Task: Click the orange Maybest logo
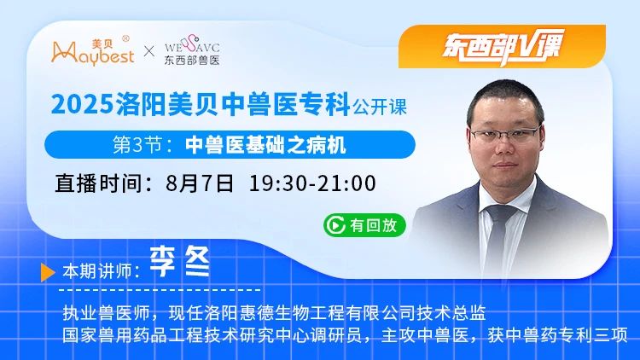[93, 51]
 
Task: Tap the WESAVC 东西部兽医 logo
[192, 50]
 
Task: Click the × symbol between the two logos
[149, 51]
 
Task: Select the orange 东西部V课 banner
[502, 47]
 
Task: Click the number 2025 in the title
[82, 104]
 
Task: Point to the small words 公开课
[380, 107]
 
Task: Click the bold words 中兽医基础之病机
[265, 145]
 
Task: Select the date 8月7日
[200, 183]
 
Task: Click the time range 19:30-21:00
[312, 183]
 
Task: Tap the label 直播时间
[99, 183]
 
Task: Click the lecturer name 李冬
[179, 262]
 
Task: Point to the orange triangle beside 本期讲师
[48, 272]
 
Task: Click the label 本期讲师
[97, 271]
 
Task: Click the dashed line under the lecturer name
[160, 290]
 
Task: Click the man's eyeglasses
[505, 134]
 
